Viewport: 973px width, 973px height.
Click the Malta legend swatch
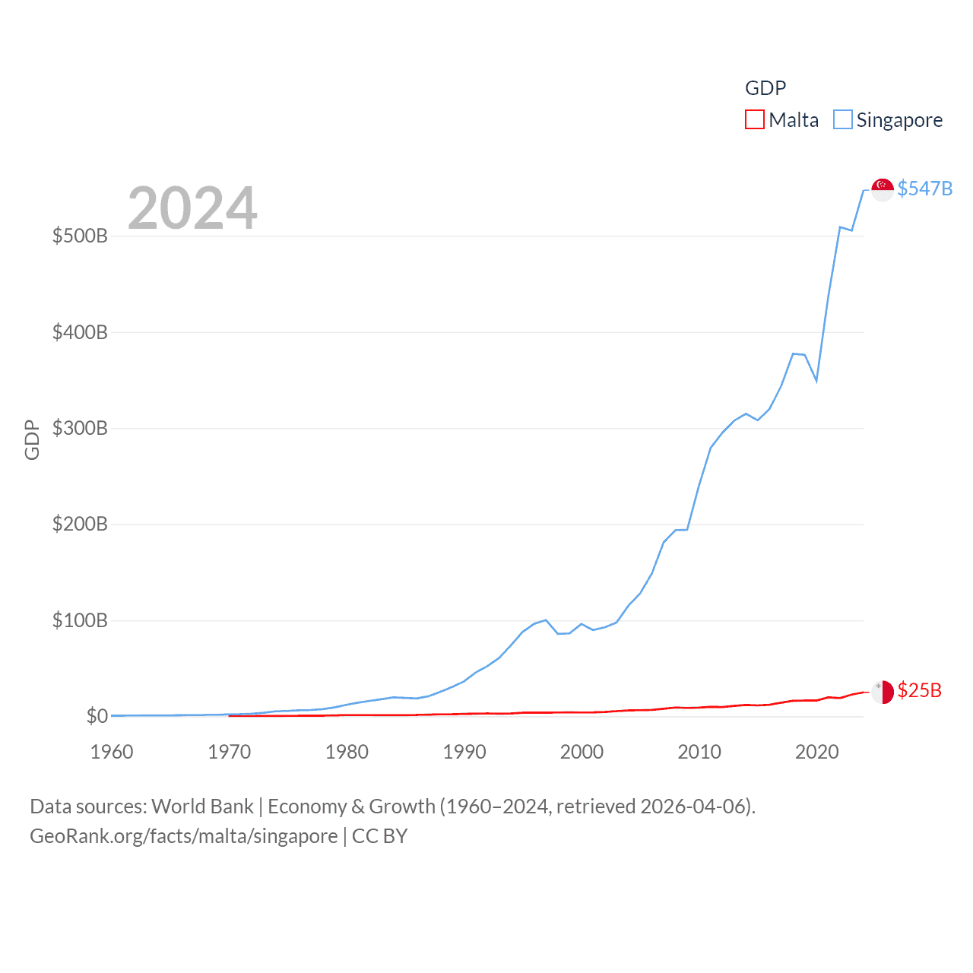[754, 120]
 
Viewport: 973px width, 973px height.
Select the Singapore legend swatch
[842, 120]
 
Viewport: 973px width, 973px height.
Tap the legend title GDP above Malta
[765, 88]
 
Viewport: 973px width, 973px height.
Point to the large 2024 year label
[192, 208]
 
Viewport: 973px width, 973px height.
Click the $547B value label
[924, 189]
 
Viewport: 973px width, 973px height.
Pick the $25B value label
[919, 690]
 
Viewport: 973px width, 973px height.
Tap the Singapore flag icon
[882, 189]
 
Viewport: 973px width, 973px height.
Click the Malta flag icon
[882, 692]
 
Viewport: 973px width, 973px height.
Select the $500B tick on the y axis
[80, 236]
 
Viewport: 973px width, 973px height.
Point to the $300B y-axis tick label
[80, 428]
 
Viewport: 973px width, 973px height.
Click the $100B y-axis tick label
[80, 620]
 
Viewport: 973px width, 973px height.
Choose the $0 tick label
[97, 716]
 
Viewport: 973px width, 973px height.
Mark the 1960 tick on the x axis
[112, 752]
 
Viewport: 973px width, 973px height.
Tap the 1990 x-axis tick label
[464, 752]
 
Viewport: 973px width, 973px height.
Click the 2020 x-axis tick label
[816, 752]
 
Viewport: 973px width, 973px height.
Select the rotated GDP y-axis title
[32, 439]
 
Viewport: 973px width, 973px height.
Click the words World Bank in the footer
[202, 807]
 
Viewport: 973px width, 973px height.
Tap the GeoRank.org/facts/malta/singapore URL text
[183, 836]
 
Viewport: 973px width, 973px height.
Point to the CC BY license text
[379, 836]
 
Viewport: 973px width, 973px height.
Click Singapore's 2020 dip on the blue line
[816, 380]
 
